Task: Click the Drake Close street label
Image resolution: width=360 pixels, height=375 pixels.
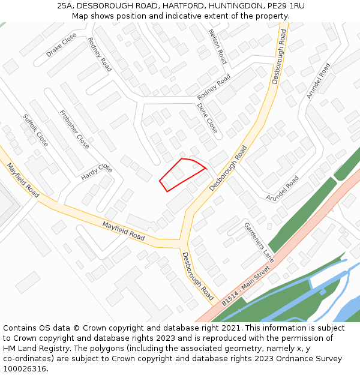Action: [x=61, y=45]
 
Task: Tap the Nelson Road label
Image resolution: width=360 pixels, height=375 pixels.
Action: [x=217, y=46]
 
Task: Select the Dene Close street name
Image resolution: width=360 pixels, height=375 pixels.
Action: [x=208, y=118]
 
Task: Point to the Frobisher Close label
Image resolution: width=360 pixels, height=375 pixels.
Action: [x=75, y=129]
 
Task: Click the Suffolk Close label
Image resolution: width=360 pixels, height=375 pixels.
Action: [x=35, y=130]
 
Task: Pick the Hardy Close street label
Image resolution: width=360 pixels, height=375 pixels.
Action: [x=97, y=172]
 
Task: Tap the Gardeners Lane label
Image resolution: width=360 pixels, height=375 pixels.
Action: [x=259, y=242]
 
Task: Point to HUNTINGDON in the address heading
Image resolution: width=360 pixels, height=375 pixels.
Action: [x=236, y=6]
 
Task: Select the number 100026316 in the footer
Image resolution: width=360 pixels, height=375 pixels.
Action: [x=25, y=369]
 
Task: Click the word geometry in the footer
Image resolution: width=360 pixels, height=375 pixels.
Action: [x=205, y=349]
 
